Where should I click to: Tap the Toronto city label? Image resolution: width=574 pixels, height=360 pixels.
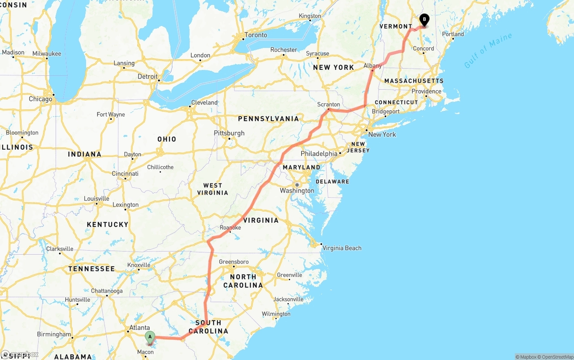tap(256, 35)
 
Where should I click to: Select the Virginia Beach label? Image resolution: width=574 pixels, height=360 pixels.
tap(342, 248)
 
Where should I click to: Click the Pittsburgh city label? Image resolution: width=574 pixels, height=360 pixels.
tap(229, 133)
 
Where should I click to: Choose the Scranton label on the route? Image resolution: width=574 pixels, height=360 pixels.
tap(329, 104)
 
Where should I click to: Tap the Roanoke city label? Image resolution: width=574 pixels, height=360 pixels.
tap(230, 228)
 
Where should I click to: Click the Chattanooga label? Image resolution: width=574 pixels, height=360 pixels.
tap(107, 291)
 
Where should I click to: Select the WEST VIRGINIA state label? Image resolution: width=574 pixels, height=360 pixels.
tap(213, 189)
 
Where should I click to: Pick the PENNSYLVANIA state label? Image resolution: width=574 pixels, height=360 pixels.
tap(268, 119)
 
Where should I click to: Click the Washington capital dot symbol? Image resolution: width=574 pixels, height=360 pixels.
tap(297, 184)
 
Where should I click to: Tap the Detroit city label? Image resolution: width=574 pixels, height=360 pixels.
tap(148, 77)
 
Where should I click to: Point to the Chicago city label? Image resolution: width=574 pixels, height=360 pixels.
tap(40, 99)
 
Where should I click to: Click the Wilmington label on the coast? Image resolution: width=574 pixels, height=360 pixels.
tap(276, 314)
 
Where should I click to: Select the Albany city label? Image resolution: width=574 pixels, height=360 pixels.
tap(373, 66)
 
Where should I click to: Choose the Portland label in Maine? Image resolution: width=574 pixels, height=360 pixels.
tap(453, 34)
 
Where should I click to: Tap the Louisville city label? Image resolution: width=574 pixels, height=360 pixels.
tap(96, 199)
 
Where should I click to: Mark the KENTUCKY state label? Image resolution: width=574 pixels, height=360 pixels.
tap(108, 224)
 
